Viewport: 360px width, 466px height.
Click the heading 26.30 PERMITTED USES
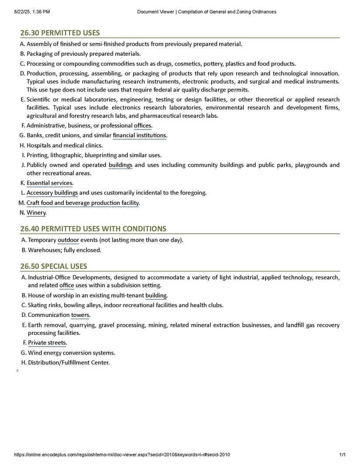point(60,33)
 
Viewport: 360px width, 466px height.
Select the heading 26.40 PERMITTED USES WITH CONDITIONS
point(93,229)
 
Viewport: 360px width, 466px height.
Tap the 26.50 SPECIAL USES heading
point(53,266)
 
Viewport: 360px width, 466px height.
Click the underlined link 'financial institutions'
point(140,136)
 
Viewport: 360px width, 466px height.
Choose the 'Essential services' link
point(50,183)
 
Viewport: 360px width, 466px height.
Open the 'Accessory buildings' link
point(52,193)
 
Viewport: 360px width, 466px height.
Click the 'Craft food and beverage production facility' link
point(83,203)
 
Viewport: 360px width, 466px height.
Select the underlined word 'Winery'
point(36,213)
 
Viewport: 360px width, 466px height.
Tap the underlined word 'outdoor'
point(68,240)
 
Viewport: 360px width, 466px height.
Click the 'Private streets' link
point(47,343)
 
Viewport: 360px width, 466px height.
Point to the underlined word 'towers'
point(80,315)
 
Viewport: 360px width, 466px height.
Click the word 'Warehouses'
point(44,250)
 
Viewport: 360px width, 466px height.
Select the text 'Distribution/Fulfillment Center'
point(69,363)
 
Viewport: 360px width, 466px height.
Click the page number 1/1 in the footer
point(343,455)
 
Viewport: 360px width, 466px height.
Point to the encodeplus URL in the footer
point(122,455)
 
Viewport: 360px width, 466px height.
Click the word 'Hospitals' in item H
point(39,146)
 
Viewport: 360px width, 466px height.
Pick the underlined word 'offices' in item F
point(143,126)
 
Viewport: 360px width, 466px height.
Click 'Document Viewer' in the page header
point(156,12)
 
